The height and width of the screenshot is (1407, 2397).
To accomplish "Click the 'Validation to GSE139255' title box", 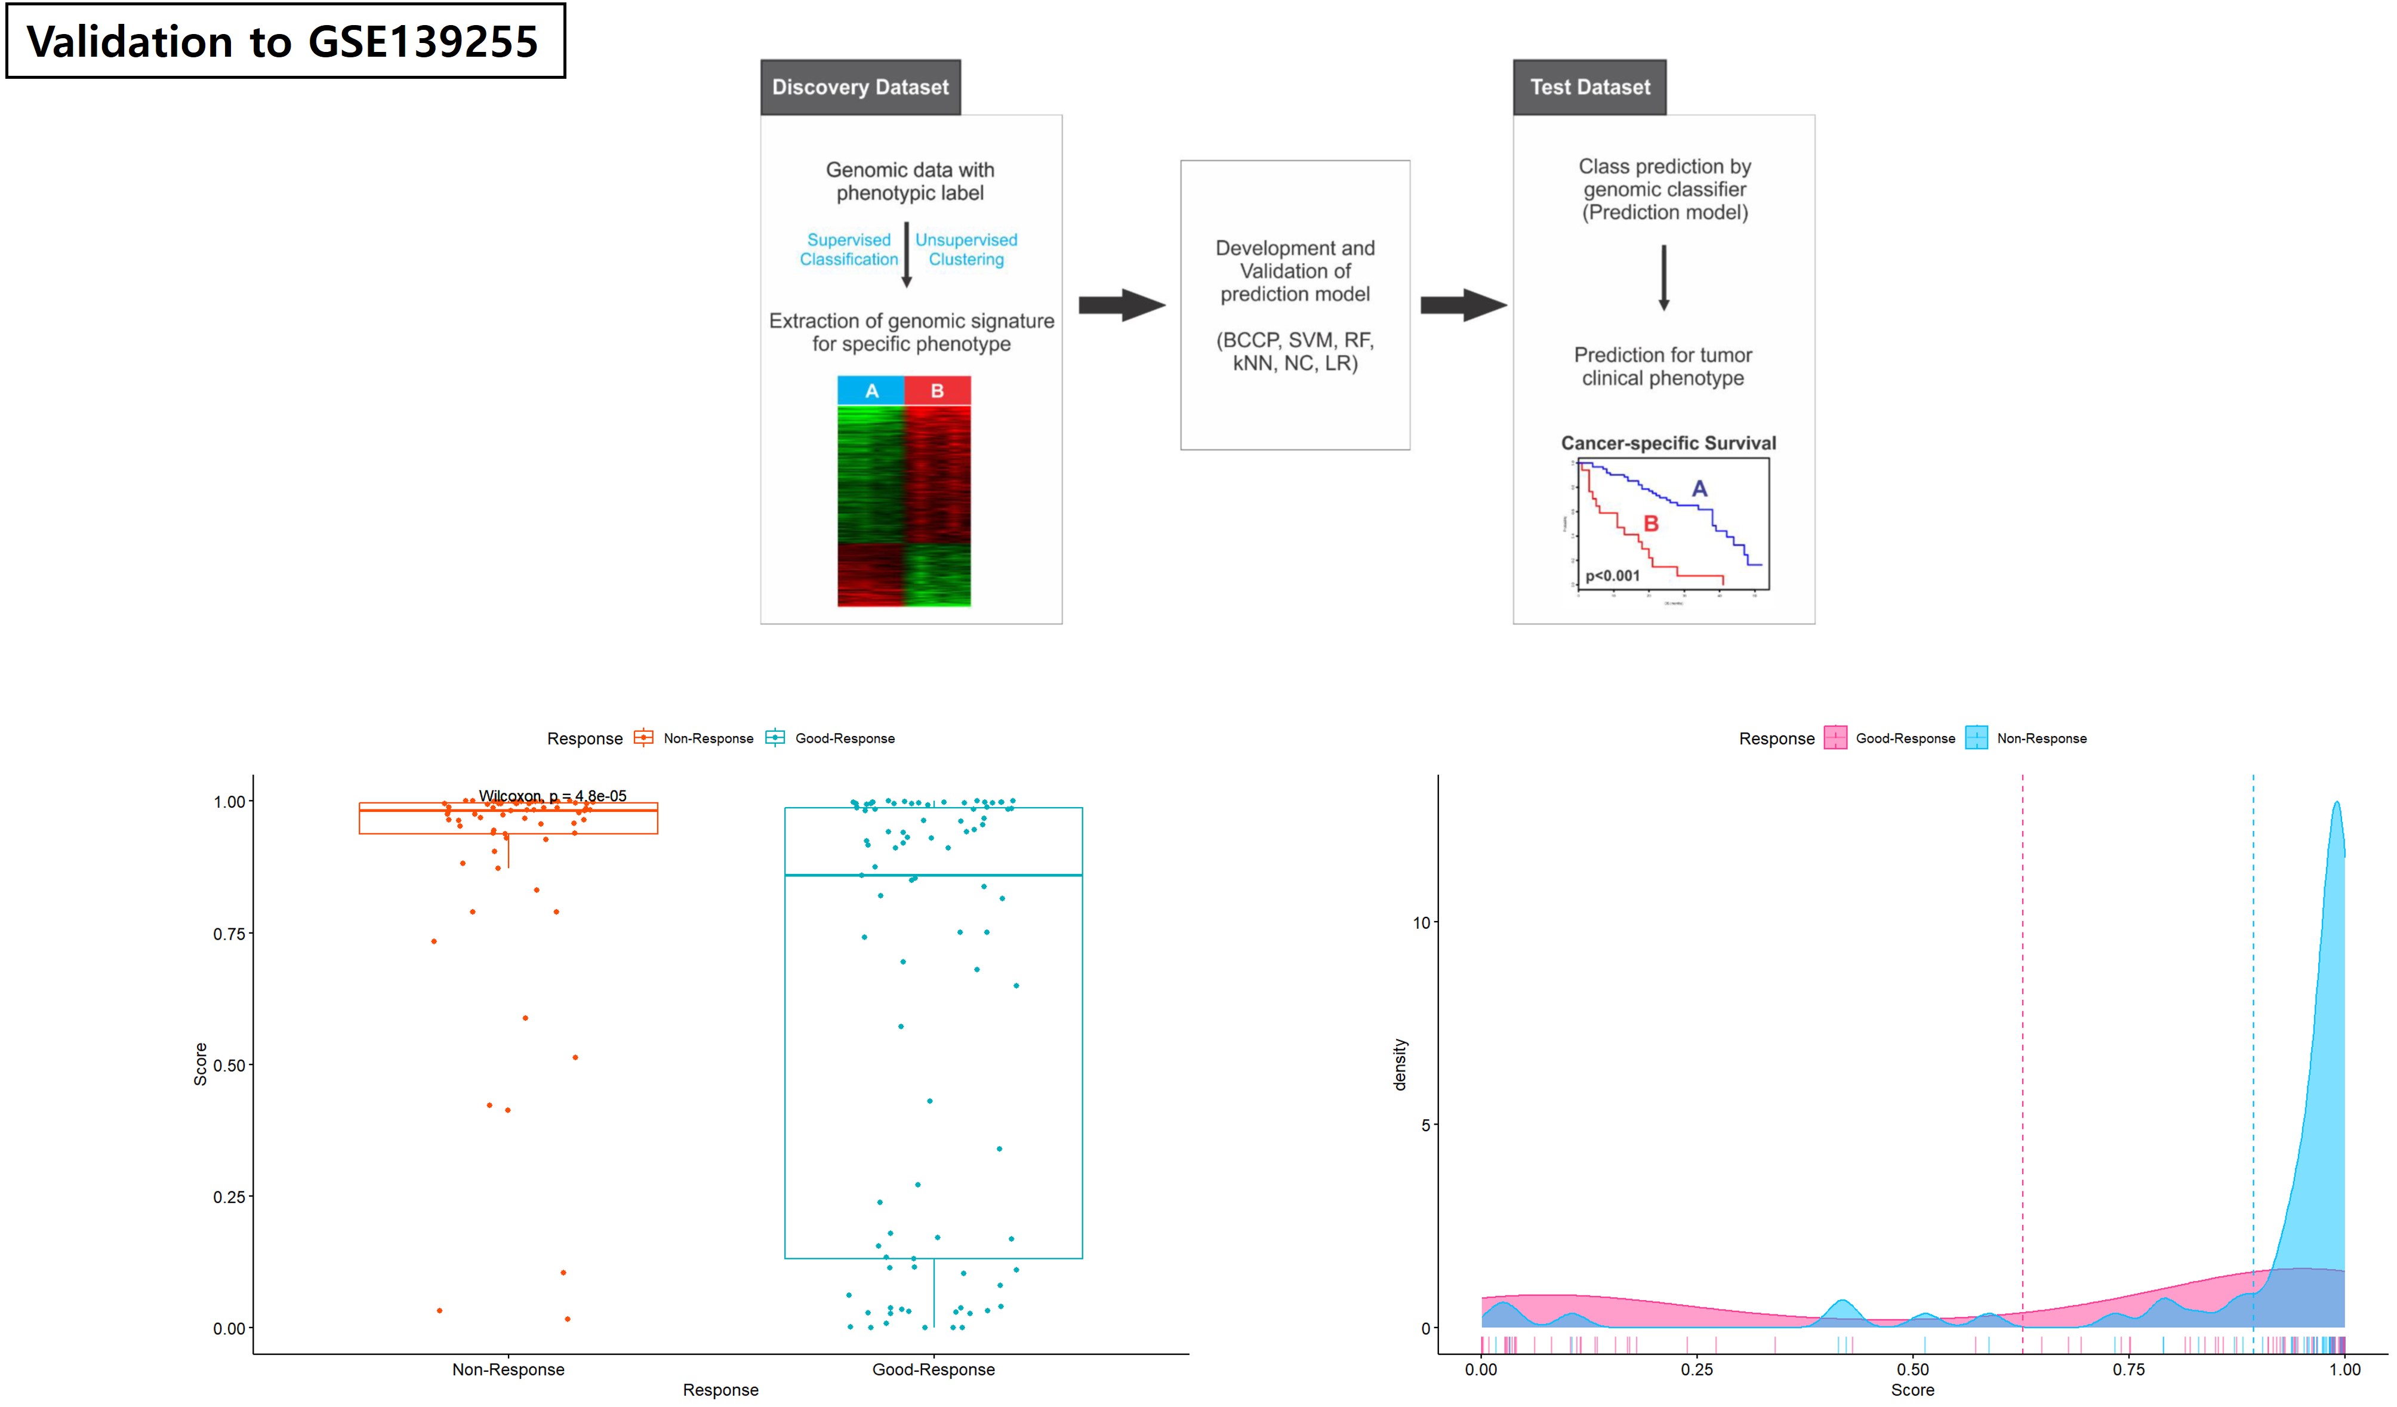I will point(285,41).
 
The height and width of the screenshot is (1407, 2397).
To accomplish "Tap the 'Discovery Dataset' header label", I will point(860,88).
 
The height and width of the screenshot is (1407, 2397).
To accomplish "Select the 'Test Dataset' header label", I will point(1589,88).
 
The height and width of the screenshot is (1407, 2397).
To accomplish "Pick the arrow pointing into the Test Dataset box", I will point(1463,306).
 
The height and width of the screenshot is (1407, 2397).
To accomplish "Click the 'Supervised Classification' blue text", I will point(849,250).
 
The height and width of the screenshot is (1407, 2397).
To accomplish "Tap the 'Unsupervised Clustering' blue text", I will point(966,250).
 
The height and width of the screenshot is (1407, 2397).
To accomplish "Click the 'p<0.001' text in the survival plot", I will point(1612,575).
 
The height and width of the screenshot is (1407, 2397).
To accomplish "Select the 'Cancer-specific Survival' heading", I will point(1668,444).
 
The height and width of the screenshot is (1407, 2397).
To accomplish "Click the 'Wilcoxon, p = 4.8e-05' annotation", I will point(553,796).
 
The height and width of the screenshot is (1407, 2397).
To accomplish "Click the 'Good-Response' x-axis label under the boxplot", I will point(933,1370).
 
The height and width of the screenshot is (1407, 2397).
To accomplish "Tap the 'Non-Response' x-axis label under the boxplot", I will point(508,1370).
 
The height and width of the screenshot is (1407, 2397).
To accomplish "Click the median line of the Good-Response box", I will point(933,875).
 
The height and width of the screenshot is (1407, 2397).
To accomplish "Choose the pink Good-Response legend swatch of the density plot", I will point(1835,738).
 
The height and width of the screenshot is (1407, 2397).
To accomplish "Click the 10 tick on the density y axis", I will point(1422,923).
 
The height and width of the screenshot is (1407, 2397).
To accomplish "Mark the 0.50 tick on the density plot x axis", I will point(1913,1370).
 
